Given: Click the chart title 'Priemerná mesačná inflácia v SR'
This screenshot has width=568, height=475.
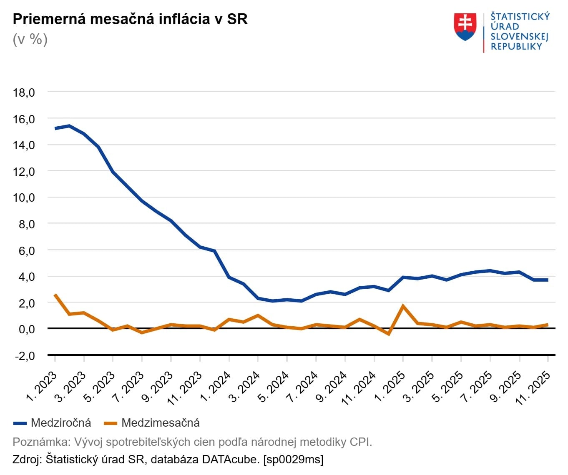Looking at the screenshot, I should click(130, 19).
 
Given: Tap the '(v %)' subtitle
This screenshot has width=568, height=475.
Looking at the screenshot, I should click(30, 40).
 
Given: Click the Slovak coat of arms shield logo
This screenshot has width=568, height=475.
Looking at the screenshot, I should click(465, 27).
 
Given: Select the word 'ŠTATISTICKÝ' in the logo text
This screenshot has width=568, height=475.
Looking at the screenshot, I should click(520, 17).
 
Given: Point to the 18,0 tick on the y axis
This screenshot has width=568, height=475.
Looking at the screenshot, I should click(24, 92).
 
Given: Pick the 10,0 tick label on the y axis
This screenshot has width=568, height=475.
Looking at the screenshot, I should click(24, 198).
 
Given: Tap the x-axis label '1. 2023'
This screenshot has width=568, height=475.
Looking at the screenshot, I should click(42, 387).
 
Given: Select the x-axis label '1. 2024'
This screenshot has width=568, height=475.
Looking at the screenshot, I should click(216, 387).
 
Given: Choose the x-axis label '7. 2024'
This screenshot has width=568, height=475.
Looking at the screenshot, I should click(303, 387).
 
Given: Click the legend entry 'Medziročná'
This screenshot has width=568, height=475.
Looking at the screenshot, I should click(60, 423).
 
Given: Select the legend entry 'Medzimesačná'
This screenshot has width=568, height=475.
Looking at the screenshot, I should click(160, 423).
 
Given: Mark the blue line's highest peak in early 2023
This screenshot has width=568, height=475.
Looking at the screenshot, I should click(70, 126).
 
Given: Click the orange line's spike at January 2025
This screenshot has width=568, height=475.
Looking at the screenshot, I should click(403, 306).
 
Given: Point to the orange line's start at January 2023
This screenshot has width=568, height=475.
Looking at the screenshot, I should click(55, 295).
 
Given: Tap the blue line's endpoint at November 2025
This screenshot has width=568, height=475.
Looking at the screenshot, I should click(547, 280).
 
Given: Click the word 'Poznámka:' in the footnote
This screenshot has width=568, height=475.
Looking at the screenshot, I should click(41, 442).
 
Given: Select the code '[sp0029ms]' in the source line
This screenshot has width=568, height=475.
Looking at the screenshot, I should click(293, 460).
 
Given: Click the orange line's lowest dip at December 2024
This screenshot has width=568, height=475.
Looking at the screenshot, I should click(389, 334).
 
